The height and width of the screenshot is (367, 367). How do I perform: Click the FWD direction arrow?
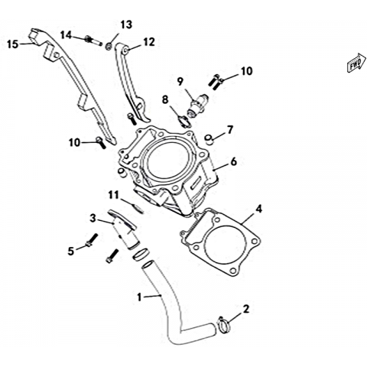pyautogui.click(x=356, y=63)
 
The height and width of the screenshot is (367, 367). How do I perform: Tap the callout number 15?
pyautogui.click(x=13, y=44)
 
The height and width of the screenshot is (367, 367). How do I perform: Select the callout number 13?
pyautogui.click(x=126, y=24)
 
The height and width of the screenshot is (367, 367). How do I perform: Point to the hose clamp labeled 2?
pyautogui.click(x=224, y=326)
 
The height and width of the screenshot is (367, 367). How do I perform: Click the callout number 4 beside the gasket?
pyautogui.click(x=258, y=209)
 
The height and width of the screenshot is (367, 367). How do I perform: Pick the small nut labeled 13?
pyautogui.click(x=109, y=46)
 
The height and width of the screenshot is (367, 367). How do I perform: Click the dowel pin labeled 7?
pyautogui.click(x=209, y=139)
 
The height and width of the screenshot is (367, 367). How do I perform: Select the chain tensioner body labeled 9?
pyautogui.click(x=198, y=106)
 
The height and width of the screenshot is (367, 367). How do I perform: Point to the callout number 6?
pyautogui.click(x=234, y=161)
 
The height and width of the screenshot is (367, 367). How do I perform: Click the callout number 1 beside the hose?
pyautogui.click(x=139, y=297)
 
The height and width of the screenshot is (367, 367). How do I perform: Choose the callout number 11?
pyautogui.click(x=114, y=195)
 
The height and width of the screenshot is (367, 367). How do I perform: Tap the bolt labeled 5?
pyautogui.click(x=92, y=239)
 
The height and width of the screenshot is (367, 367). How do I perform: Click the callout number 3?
pyautogui.click(x=93, y=218)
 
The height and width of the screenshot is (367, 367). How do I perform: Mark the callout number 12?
pyautogui.click(x=149, y=42)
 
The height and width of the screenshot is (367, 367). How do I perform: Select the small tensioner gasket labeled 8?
pyautogui.click(x=183, y=121)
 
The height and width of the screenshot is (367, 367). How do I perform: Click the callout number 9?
pyautogui.click(x=180, y=82)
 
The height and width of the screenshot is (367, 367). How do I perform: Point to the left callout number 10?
pyautogui.click(x=74, y=143)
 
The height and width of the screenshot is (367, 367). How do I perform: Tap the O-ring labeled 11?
pyautogui.click(x=138, y=209)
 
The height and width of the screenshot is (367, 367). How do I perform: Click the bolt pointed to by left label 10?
pyautogui.click(x=100, y=142)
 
